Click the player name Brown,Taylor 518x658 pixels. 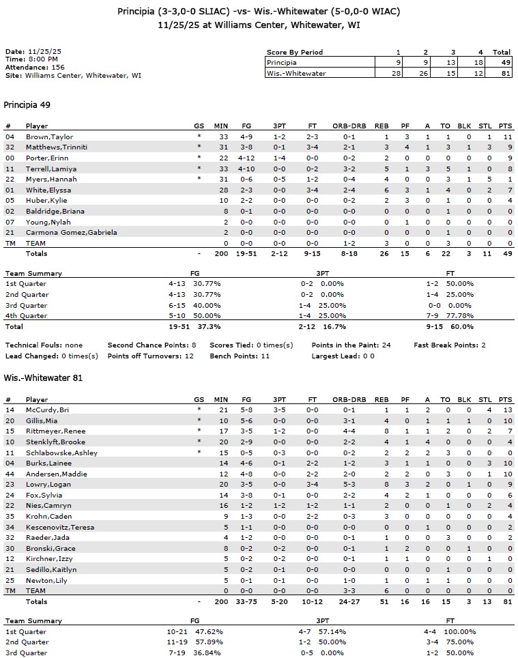[49, 137]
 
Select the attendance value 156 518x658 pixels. [58, 68]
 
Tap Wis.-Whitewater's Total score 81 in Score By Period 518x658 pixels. [502, 73]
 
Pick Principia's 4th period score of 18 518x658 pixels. [476, 63]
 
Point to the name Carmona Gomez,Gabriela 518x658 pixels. [71, 232]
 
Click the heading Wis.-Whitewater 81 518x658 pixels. [43, 377]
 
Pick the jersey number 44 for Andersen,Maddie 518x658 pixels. [10, 474]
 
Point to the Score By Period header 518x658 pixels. [295, 53]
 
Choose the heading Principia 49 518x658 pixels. [27, 105]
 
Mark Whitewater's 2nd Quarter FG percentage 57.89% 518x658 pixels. [206, 642]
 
